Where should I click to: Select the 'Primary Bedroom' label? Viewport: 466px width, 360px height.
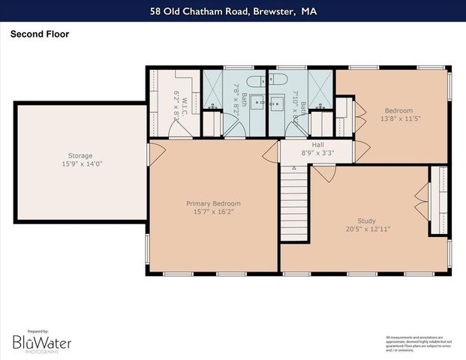point(213,203)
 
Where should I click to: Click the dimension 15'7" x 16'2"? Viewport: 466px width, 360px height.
point(213,211)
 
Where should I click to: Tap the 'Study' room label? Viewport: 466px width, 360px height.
point(366,220)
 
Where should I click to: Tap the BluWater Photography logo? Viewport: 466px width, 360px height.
point(41,342)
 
